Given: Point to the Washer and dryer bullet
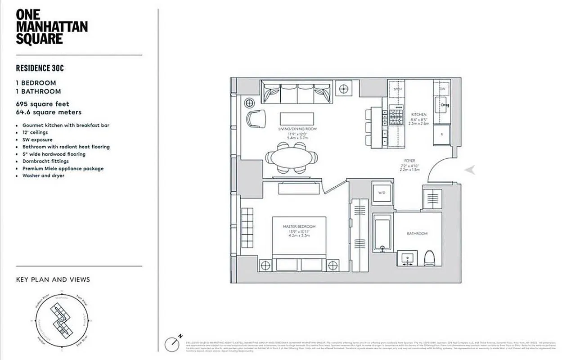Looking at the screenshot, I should (43, 175).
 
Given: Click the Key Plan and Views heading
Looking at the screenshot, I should (53, 279).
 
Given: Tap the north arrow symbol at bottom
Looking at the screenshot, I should (173, 344).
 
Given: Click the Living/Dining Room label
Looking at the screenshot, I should (297, 129).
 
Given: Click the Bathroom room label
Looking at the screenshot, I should (417, 234).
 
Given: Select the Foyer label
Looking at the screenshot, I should (409, 161).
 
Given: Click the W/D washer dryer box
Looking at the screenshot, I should (382, 193).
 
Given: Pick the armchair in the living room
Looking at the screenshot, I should (255, 119).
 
